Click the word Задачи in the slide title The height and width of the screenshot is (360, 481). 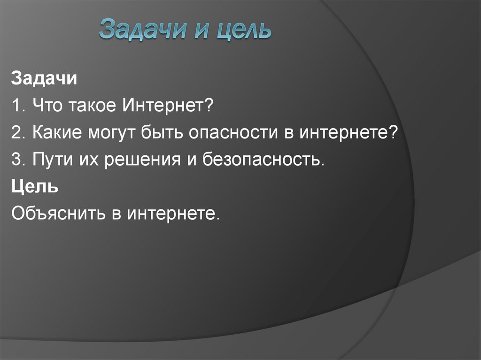[137, 30]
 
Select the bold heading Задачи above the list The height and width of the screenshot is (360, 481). [44, 78]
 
